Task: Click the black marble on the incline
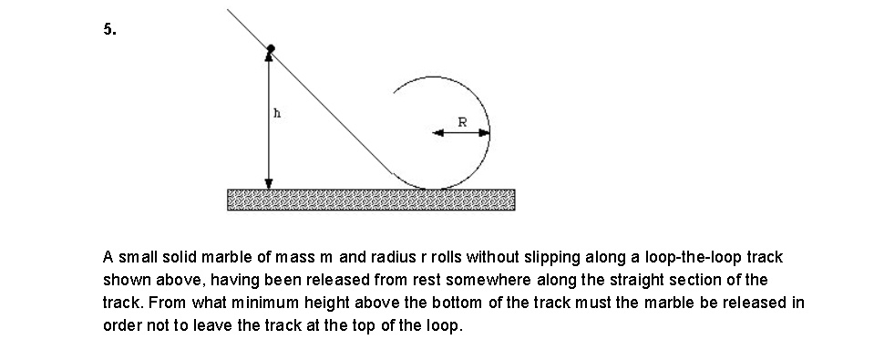270,47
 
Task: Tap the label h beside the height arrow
277,115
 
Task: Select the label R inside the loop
462,120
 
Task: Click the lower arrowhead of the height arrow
269,182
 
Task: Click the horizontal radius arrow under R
461,133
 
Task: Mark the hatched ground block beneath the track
370,200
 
